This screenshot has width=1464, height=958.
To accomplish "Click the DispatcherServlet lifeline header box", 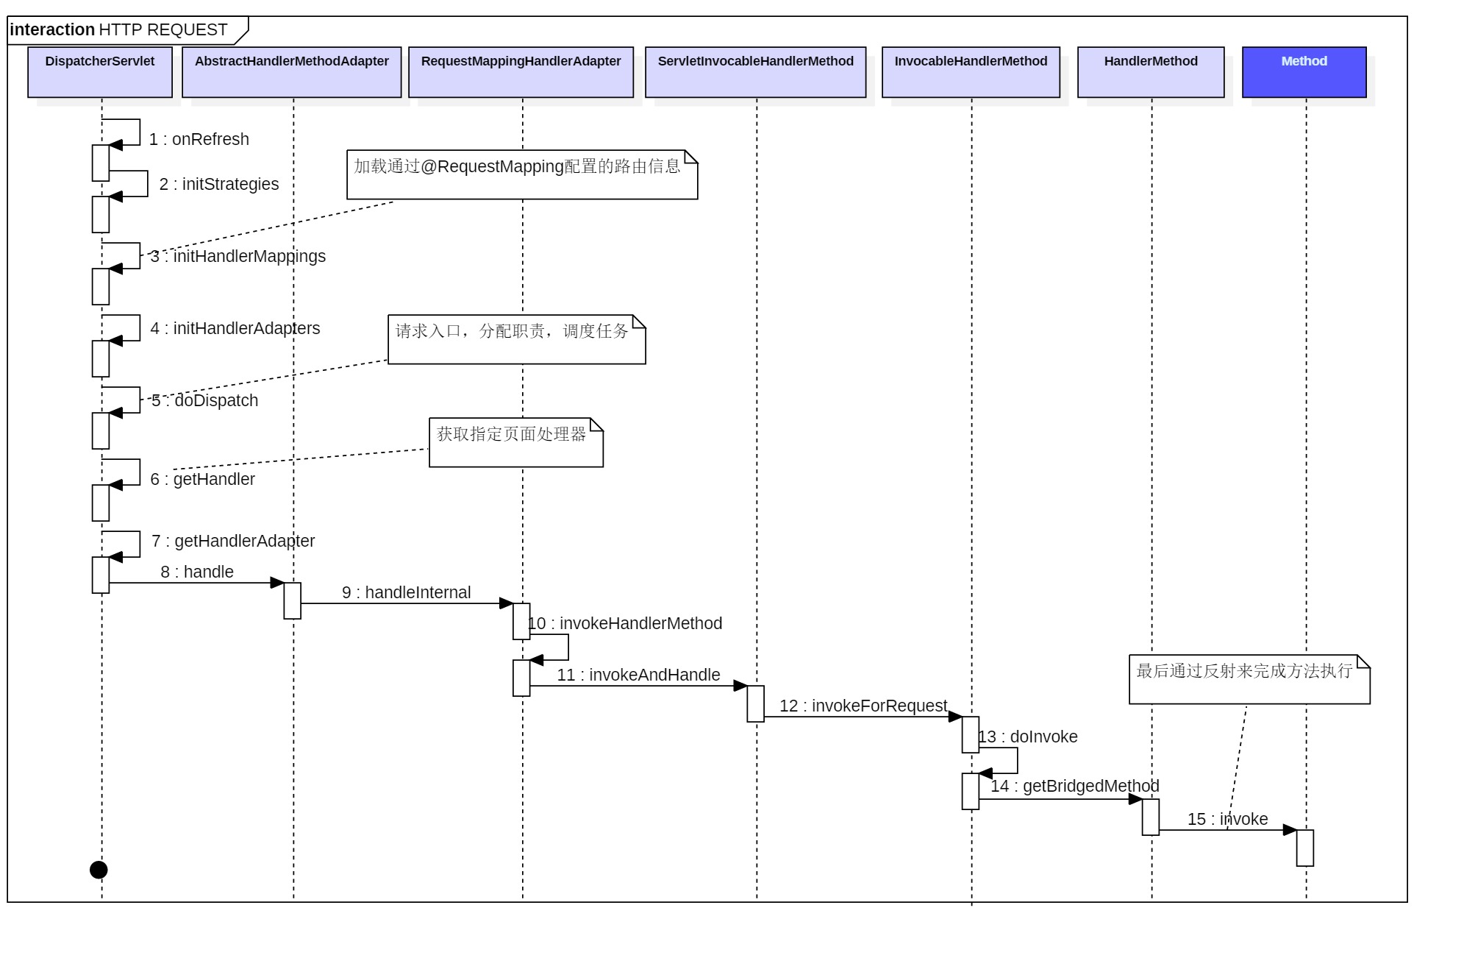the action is (x=100, y=72).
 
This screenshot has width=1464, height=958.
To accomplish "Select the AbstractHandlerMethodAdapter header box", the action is (x=292, y=72).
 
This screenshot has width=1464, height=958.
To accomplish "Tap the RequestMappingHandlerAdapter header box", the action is (x=521, y=72).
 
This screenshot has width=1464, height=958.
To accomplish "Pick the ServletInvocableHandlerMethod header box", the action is (x=756, y=72).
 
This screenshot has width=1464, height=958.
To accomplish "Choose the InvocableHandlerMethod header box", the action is (x=971, y=72).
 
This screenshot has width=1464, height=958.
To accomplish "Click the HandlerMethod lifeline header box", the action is (x=1151, y=72).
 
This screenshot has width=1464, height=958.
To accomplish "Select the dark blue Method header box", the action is (x=1304, y=72).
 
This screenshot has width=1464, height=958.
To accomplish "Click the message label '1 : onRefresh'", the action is (x=199, y=139).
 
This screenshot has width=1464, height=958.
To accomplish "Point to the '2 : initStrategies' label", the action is (x=219, y=184).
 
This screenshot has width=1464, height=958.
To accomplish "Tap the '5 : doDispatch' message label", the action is (x=205, y=400).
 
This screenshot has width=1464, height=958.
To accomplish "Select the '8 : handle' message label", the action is (x=197, y=572).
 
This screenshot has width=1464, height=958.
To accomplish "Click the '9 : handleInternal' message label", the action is (x=407, y=592).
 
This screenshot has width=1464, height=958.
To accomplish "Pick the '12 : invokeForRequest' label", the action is (x=863, y=706).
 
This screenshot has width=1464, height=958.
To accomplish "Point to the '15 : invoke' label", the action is (x=1228, y=819).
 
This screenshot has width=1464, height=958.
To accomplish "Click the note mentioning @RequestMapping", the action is (x=522, y=175).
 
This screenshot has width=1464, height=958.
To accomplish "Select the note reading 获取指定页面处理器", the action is (x=516, y=442).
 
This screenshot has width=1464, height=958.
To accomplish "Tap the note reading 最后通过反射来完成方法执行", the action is (x=1250, y=680).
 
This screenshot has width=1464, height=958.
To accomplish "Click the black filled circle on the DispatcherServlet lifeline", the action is (x=99, y=870).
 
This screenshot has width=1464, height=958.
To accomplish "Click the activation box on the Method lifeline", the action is (x=1305, y=848).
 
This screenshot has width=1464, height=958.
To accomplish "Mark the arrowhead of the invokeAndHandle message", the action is (x=740, y=686).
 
